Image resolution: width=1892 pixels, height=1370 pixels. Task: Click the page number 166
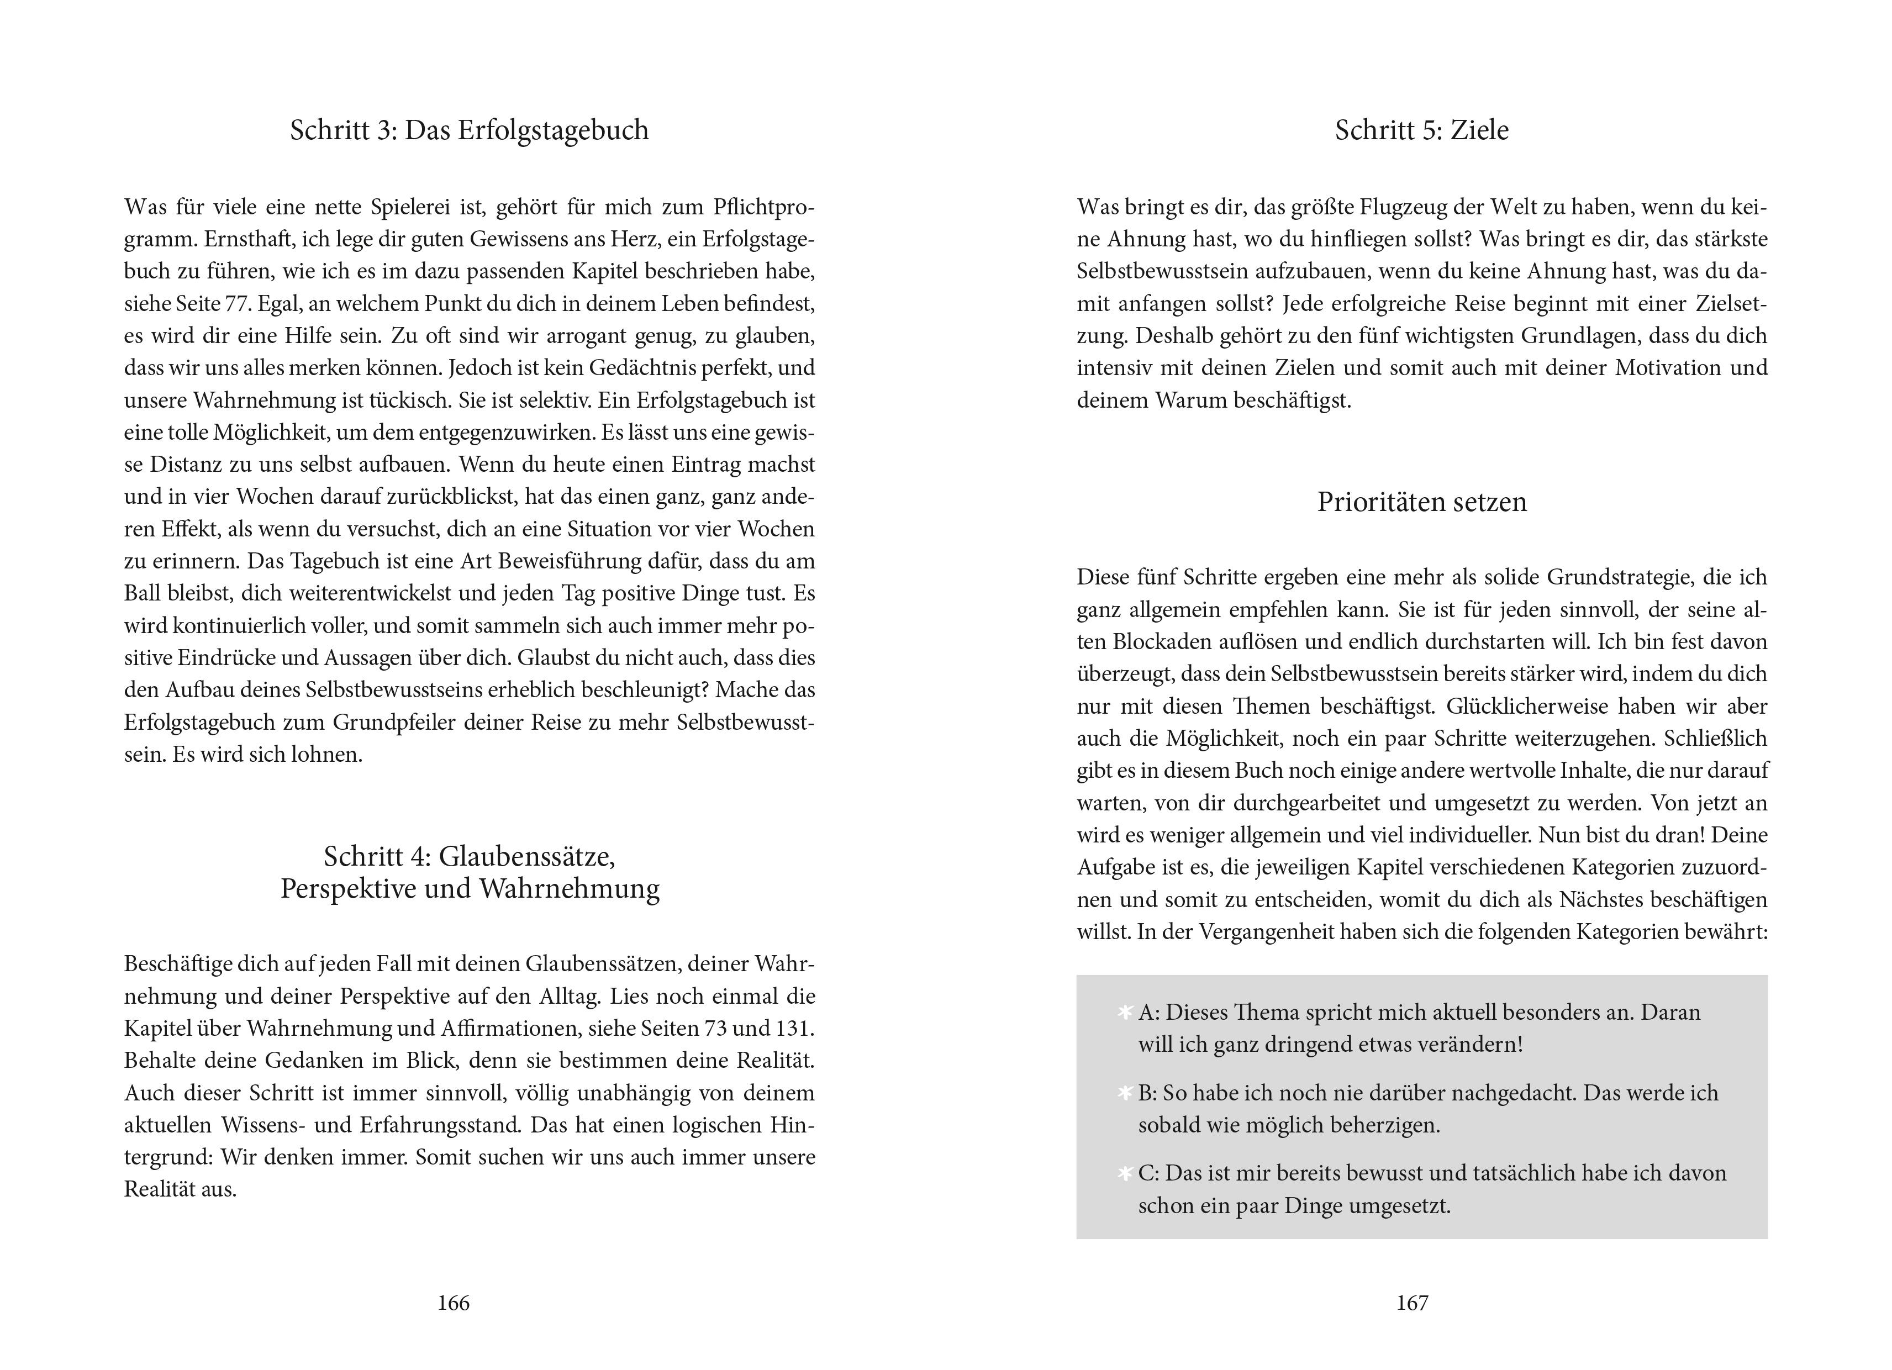[x=453, y=1303]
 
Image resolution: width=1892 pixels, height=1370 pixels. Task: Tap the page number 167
[x=1413, y=1303]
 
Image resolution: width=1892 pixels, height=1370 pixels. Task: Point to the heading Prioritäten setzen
[x=1421, y=502]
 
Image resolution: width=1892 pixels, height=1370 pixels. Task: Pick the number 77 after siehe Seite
[x=238, y=304]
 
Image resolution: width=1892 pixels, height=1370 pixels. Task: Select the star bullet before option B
[x=1125, y=1094]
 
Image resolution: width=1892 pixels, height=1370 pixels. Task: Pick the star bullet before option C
[x=1125, y=1174]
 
